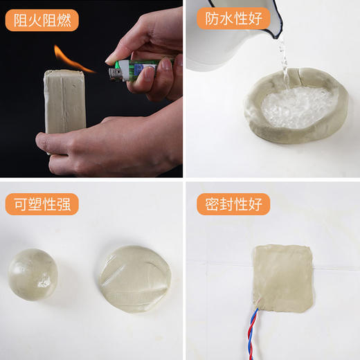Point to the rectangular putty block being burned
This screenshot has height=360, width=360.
pyautogui.click(x=64, y=100)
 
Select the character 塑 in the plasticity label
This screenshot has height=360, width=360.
pyautogui.click(x=35, y=204)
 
